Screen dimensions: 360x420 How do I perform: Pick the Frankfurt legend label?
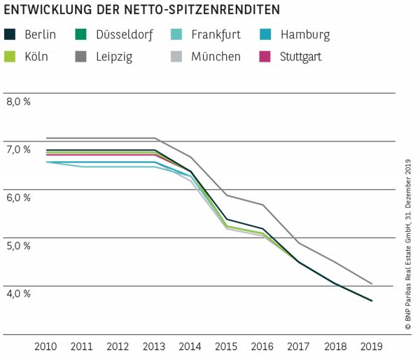click(216, 34)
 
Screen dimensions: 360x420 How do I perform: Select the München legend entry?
click(216, 57)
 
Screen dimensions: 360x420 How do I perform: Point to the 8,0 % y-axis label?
click(18, 102)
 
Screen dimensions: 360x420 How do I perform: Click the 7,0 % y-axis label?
click(18, 149)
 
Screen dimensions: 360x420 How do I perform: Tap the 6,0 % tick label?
click(18, 198)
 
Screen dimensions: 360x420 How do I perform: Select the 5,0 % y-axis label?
click(18, 246)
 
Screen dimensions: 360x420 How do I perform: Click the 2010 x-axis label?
click(46, 346)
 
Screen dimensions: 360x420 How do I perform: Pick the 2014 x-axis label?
click(190, 346)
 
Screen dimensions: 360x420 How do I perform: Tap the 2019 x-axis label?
click(371, 346)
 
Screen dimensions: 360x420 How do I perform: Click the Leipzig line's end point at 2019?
click(372, 284)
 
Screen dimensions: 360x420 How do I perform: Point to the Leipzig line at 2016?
click(262, 205)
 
